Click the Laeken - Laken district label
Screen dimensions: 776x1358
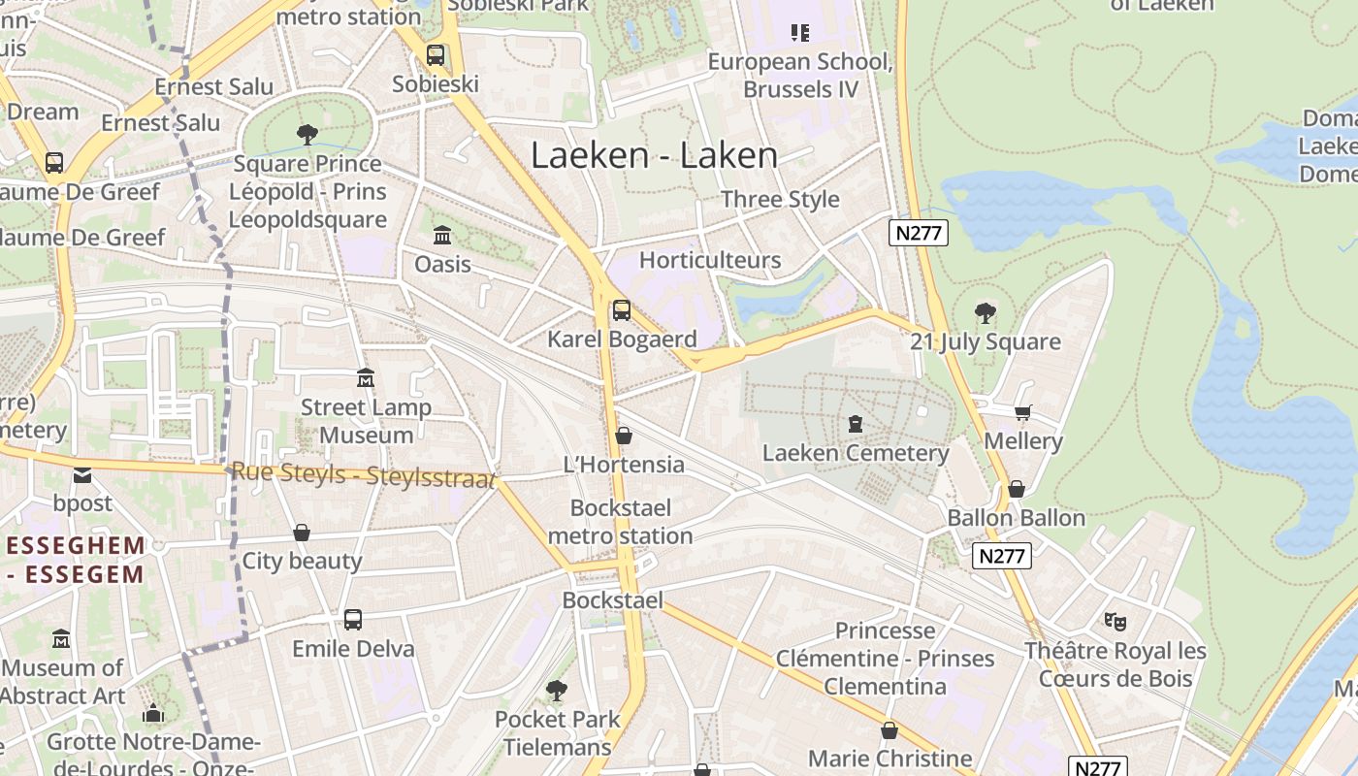click(654, 155)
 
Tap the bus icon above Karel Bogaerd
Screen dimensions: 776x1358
click(622, 310)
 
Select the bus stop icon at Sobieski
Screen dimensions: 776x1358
click(436, 55)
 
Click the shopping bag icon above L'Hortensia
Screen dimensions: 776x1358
click(624, 436)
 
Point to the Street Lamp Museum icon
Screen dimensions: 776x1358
click(366, 377)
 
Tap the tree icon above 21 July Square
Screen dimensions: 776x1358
click(986, 312)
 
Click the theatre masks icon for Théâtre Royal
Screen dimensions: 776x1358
click(1115, 621)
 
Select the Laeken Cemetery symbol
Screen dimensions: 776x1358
click(856, 424)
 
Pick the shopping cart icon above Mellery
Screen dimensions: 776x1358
click(1023, 412)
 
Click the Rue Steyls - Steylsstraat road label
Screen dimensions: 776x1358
click(364, 474)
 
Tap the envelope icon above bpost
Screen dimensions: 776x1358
click(82, 474)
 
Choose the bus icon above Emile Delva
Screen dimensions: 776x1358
click(353, 619)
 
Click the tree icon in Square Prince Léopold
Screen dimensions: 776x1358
click(307, 134)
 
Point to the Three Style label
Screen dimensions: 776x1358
click(780, 199)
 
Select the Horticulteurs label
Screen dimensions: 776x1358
click(710, 260)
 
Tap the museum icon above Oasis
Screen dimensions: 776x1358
click(442, 235)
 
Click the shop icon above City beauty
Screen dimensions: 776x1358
click(302, 533)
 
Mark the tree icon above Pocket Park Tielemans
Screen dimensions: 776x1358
click(557, 690)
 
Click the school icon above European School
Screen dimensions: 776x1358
click(800, 33)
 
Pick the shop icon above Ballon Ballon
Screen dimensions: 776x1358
click(1017, 489)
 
